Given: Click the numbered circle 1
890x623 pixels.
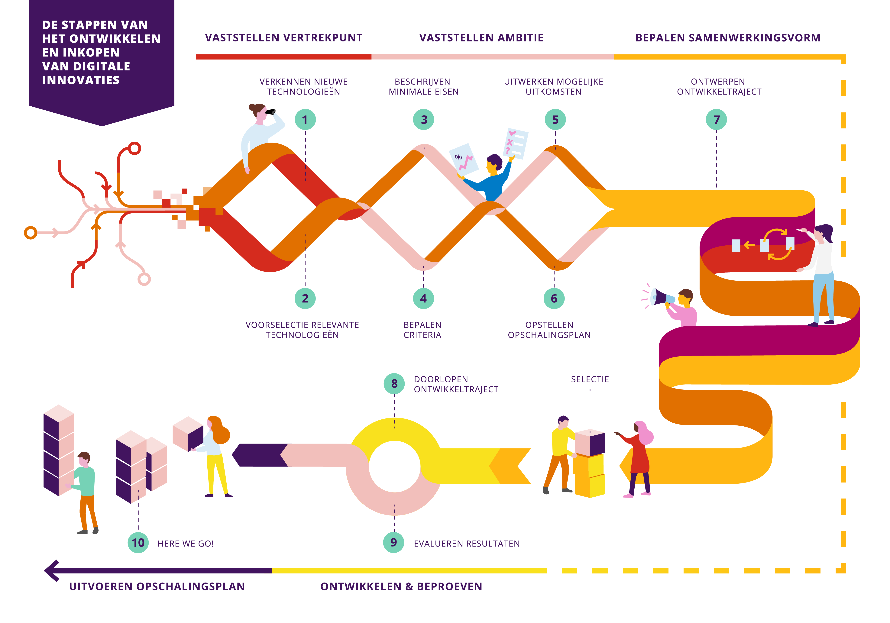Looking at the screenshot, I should click(x=305, y=120).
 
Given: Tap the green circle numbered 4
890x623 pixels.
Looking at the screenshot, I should click(x=423, y=299).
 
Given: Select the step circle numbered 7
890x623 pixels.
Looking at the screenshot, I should click(x=716, y=120).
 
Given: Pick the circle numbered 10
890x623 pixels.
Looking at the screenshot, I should click(x=138, y=543).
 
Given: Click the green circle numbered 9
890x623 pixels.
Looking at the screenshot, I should click(x=394, y=542).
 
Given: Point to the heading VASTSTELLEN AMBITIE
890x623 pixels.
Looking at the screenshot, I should click(x=481, y=38).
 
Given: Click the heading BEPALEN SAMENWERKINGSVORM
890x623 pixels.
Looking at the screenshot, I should click(x=728, y=38).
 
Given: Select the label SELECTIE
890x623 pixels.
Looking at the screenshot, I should click(x=590, y=379).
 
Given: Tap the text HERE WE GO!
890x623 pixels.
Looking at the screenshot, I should click(x=186, y=544).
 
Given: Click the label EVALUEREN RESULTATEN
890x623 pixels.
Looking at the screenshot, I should click(x=467, y=544).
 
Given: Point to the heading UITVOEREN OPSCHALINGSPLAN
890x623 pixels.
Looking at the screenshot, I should click(x=157, y=587).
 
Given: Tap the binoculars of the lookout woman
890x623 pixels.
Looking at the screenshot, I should click(x=270, y=112).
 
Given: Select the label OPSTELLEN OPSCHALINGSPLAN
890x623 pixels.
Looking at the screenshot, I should click(x=549, y=330).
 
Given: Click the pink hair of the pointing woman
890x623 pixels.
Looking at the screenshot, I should click(x=644, y=432).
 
